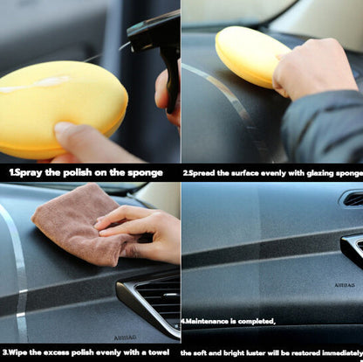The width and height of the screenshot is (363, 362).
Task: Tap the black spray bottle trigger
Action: pos(172,79)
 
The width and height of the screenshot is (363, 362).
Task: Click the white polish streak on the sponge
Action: pos(35,84)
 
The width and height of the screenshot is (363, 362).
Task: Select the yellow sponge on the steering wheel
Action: pos(250,55)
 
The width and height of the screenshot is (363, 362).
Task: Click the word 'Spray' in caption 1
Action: pos(30,172)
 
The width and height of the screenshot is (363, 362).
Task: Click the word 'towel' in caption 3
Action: pos(159,352)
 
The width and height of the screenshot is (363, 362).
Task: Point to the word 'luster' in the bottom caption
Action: pos(256,353)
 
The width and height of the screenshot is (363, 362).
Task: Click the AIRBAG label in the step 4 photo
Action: pos(345,285)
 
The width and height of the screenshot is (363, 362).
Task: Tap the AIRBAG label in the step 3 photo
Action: pos(125,338)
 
